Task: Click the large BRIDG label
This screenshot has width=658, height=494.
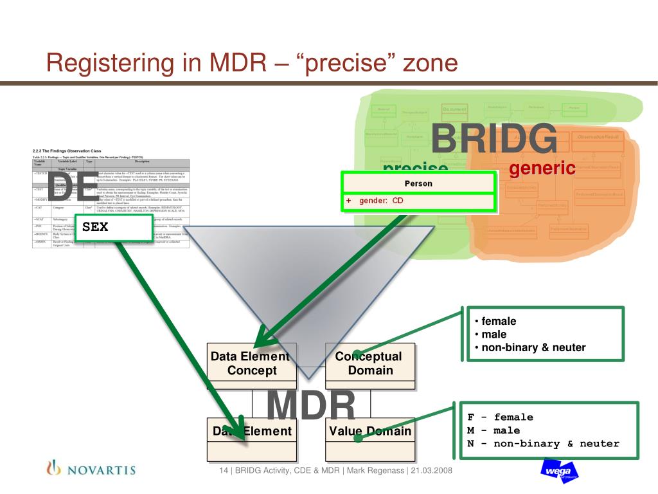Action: click(493, 138)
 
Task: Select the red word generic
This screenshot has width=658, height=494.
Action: click(542, 169)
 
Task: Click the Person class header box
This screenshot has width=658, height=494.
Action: click(418, 183)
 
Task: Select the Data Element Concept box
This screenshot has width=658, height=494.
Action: click(251, 363)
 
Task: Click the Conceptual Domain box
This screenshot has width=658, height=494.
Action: click(369, 363)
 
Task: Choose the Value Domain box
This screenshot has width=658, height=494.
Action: click(369, 431)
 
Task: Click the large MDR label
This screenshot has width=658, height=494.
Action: click(311, 406)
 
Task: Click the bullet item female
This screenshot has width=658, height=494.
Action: click(499, 321)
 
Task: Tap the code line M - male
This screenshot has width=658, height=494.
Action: click(493, 430)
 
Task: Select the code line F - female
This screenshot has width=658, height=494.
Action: click(500, 417)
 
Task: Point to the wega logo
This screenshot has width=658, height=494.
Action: click(558, 471)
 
